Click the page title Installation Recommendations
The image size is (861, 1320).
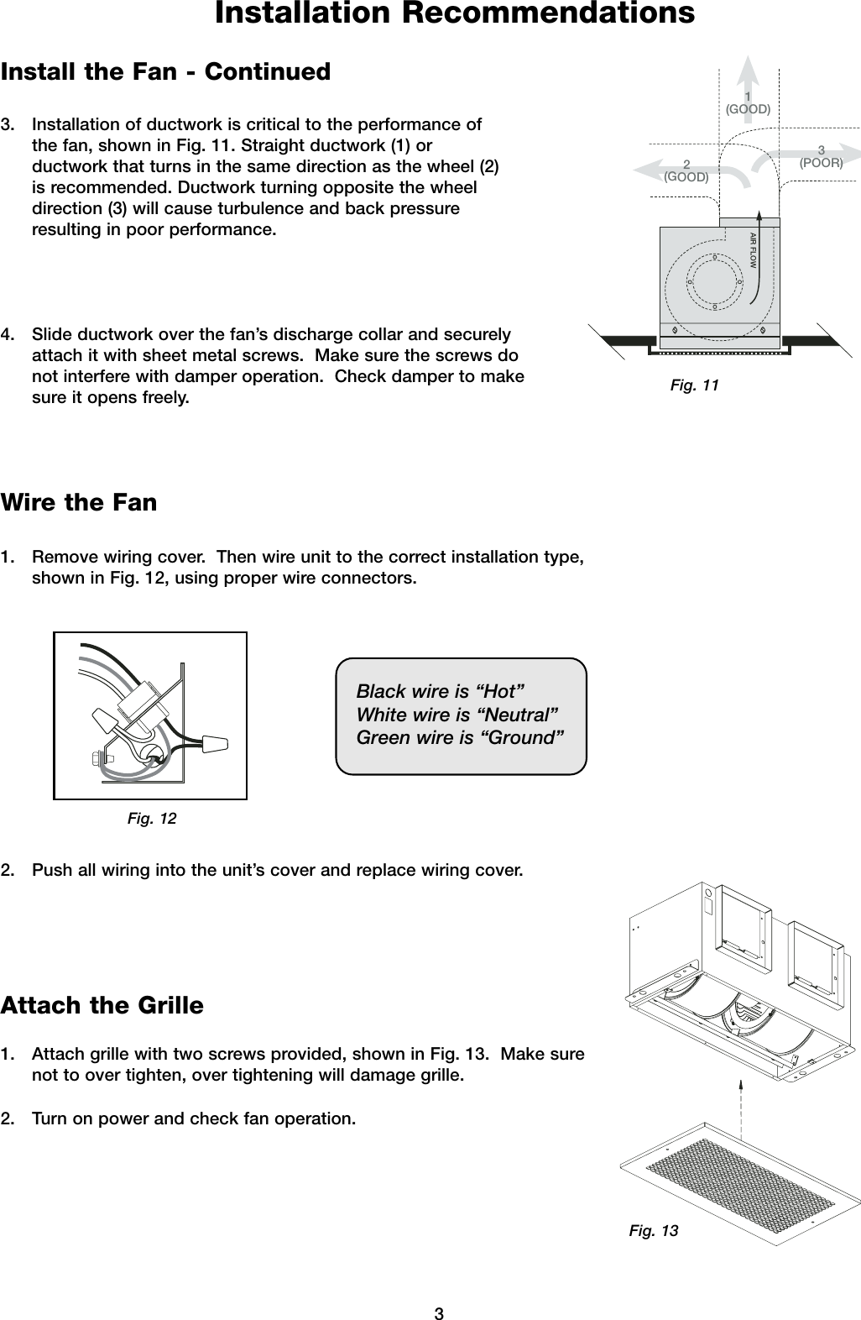(455, 14)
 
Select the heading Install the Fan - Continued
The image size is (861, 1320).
(166, 72)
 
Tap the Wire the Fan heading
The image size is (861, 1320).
(79, 503)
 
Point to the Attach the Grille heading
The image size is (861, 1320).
(102, 1005)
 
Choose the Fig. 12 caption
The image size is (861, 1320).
(152, 818)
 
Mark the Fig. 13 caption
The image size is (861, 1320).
(654, 1231)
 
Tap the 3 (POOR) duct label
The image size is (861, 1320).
(821, 157)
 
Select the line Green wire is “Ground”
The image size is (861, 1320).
(460, 738)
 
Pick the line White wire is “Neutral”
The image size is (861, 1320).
(458, 715)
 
